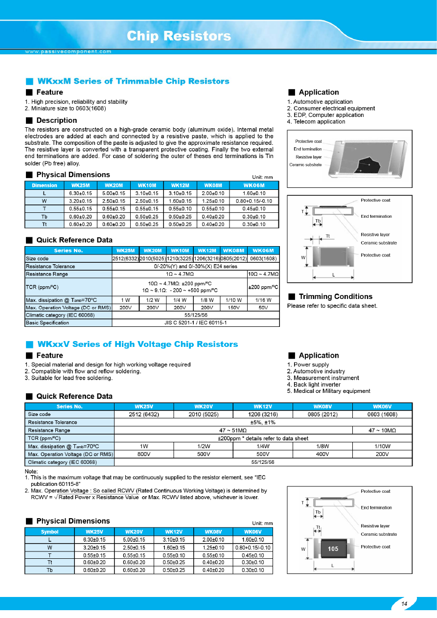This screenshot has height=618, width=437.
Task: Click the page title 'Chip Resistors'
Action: [179, 36]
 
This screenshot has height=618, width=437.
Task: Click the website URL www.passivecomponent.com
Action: [68, 51]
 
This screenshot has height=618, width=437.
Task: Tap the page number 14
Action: [404, 604]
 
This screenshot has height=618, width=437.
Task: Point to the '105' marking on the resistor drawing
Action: [333, 549]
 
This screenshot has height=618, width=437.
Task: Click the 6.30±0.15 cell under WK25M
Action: [80, 193]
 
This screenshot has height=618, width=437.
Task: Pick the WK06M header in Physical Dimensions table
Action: [253, 185]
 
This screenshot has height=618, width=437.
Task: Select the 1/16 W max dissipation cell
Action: [263, 300]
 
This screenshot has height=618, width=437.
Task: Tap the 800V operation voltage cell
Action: [144, 454]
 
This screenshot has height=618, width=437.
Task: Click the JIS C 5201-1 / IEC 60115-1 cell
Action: [196, 323]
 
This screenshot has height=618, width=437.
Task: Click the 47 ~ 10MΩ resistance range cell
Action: [382, 430]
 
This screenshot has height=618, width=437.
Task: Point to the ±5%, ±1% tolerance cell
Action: [263, 422]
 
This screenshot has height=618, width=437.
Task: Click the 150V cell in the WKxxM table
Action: [234, 308]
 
